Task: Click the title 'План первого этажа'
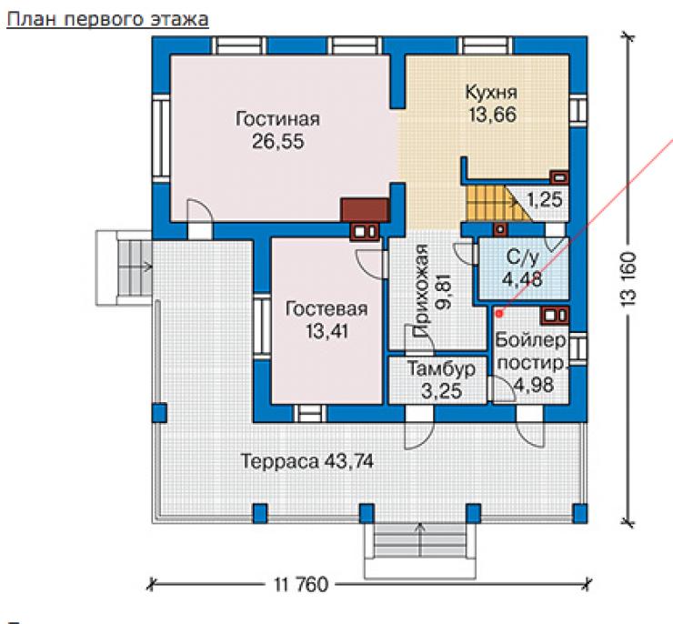click(x=107, y=19)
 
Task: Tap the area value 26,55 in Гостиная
click(x=278, y=141)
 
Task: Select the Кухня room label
click(x=491, y=93)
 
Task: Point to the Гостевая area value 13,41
click(x=327, y=331)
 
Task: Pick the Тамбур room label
click(x=441, y=368)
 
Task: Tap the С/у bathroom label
click(x=522, y=257)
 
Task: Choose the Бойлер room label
click(x=531, y=340)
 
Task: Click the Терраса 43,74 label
click(x=306, y=461)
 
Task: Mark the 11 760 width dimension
click(x=300, y=584)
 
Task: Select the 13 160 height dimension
click(x=628, y=279)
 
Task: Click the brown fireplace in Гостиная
click(x=365, y=210)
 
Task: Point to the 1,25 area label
click(x=545, y=199)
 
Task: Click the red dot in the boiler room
click(x=498, y=314)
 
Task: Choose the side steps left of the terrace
click(x=124, y=268)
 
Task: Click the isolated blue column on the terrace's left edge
click(x=160, y=413)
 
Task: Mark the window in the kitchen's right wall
click(x=578, y=110)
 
